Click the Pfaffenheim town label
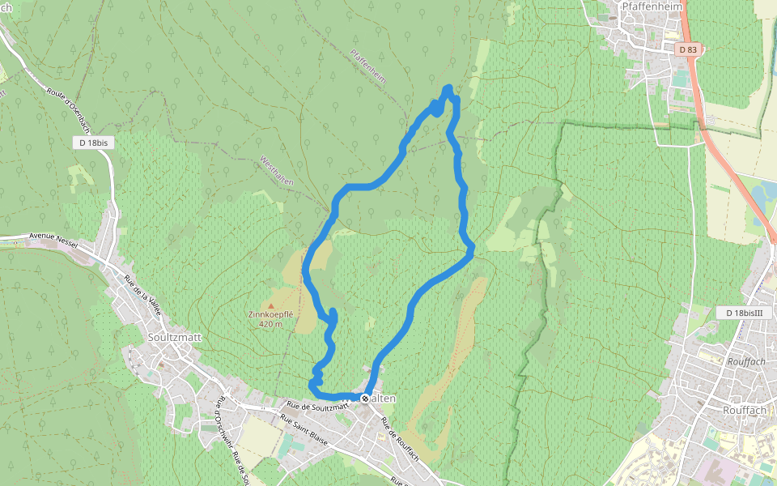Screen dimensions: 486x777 coord(653,6)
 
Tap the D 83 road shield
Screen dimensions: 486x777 coord(687,49)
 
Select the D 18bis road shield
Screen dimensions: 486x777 coord(94,143)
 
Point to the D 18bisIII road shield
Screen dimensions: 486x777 coord(745,313)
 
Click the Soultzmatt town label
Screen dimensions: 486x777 coord(175,336)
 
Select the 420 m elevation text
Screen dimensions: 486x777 coord(270,324)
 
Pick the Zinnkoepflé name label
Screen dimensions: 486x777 coord(270,314)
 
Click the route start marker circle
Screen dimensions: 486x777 coord(366,399)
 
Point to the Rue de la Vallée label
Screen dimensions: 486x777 coord(143,296)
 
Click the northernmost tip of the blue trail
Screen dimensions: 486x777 coord(448,87)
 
